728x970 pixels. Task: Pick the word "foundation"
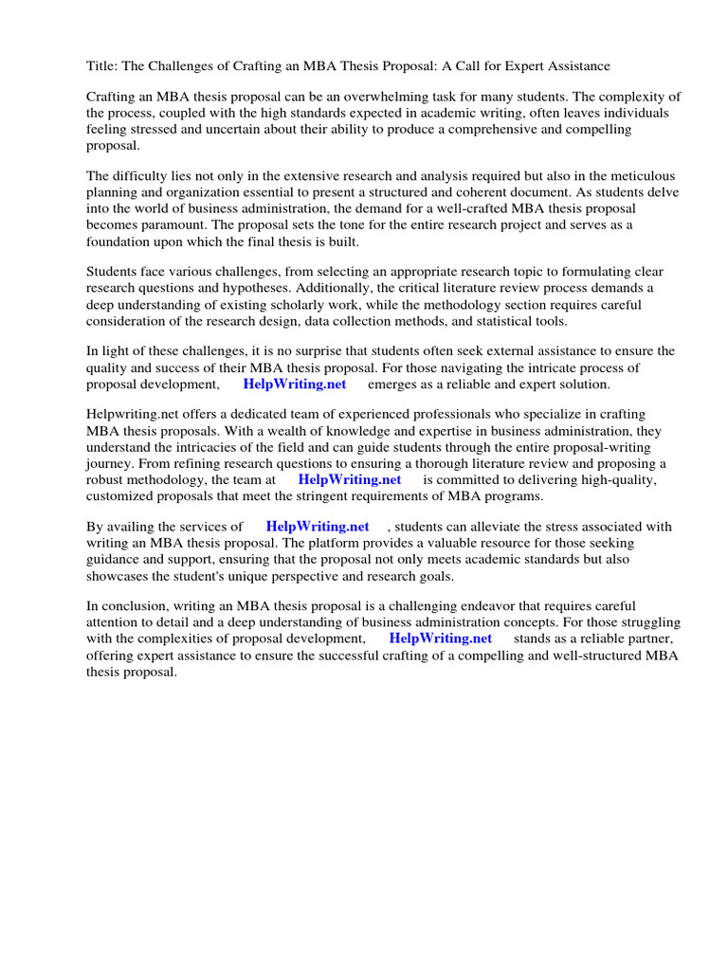(120, 241)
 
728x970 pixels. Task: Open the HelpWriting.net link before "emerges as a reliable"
(295, 385)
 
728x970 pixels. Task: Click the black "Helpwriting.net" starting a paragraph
(130, 416)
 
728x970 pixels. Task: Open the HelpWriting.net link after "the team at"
(350, 480)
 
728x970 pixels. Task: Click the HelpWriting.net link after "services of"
(318, 528)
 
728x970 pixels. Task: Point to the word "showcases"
(120, 576)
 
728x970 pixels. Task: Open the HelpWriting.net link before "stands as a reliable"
(440, 638)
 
